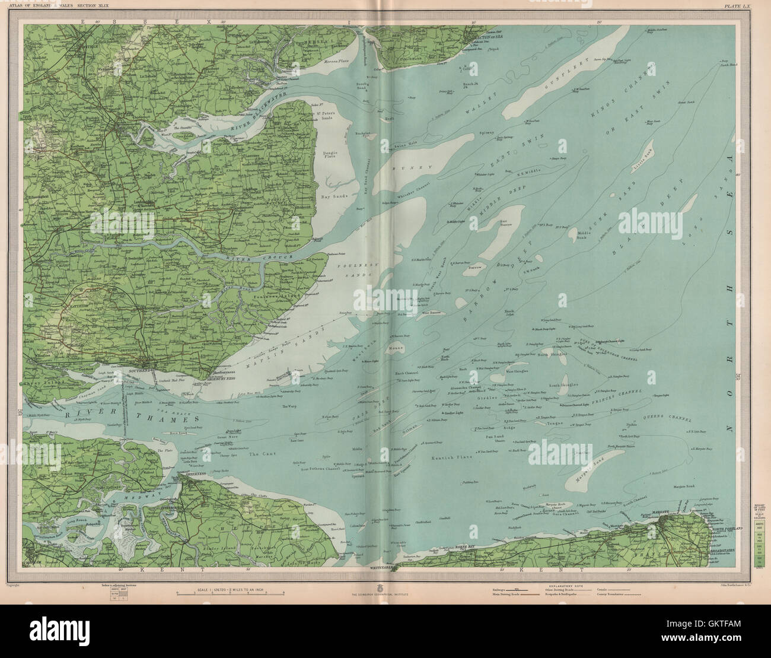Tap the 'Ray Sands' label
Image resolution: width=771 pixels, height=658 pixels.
click(x=332, y=194)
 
